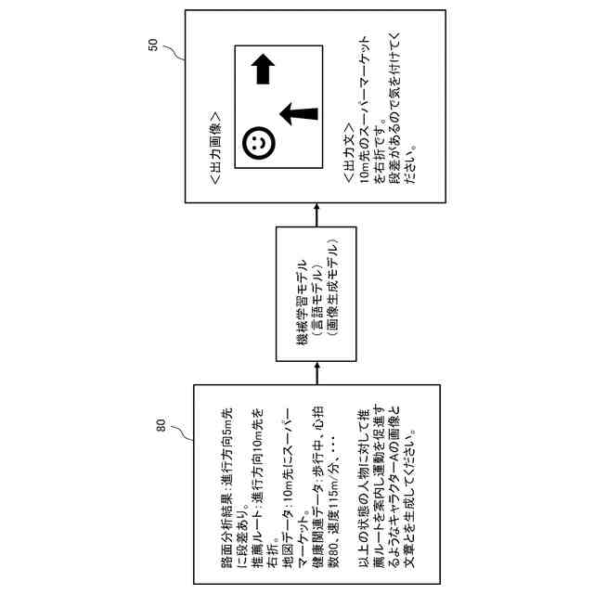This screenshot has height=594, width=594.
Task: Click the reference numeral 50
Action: (x=155, y=45)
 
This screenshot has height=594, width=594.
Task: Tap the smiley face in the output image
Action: (x=260, y=144)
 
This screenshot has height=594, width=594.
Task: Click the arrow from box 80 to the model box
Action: (x=316, y=372)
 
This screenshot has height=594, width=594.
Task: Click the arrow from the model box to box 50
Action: (x=316, y=215)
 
